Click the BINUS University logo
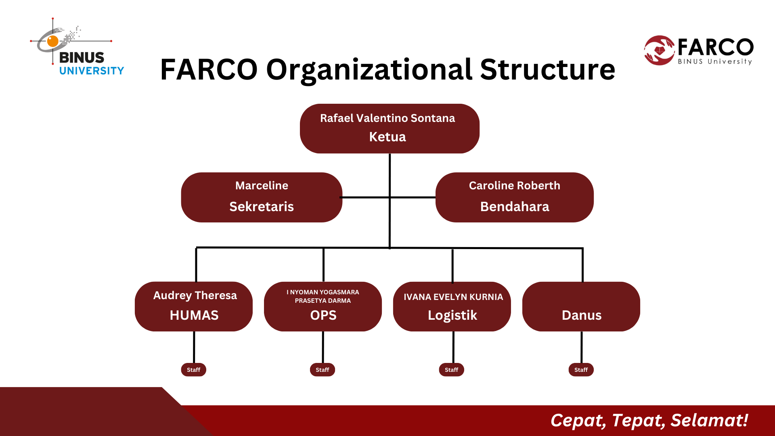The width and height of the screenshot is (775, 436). point(77,47)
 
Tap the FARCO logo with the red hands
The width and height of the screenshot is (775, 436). point(699,50)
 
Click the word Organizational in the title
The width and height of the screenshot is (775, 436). point(369,70)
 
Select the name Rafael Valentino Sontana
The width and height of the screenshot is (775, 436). point(387,118)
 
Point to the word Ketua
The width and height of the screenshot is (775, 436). point(387,137)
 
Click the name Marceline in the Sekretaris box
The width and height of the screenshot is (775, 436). point(262,185)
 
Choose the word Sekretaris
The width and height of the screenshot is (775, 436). point(262,206)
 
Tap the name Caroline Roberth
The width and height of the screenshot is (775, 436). point(515,185)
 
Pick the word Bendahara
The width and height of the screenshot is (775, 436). point(515,206)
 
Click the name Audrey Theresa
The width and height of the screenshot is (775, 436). point(195,296)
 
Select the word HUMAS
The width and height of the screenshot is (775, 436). point(194,315)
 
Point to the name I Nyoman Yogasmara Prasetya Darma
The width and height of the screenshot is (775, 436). point(323,296)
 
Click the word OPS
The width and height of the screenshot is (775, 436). point(323,315)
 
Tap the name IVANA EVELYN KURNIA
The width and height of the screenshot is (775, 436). point(453,297)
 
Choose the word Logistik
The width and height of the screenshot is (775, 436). point(452,315)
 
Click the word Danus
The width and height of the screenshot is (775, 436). point(582,315)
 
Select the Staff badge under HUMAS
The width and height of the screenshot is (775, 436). point(193,370)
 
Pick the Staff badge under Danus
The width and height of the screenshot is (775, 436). point(581,370)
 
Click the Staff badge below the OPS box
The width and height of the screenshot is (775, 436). point(323,370)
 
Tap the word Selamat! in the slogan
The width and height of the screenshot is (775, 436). point(710,420)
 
